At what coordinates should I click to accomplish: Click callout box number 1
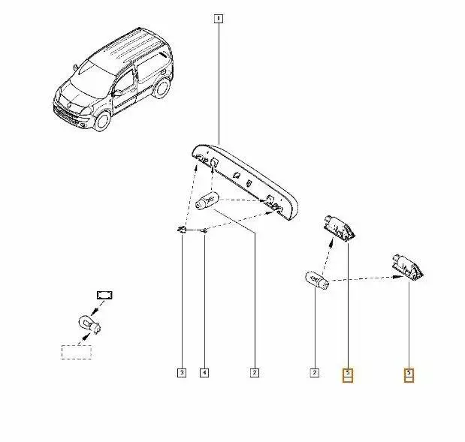click(219, 19)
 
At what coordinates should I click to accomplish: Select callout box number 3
click(182, 373)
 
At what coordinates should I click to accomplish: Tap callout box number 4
click(204, 373)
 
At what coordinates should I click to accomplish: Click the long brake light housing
click(245, 182)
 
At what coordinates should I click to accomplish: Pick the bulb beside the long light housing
click(207, 200)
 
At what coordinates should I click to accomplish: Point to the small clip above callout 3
click(182, 229)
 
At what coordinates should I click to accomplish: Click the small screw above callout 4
click(204, 230)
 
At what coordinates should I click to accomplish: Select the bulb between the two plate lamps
click(317, 280)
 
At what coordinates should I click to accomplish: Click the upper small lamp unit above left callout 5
click(340, 227)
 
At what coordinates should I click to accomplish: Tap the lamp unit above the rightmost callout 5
click(407, 266)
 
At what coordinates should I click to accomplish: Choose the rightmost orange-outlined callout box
click(409, 375)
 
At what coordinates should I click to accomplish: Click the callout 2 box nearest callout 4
click(255, 373)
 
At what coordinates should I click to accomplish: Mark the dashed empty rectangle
click(76, 353)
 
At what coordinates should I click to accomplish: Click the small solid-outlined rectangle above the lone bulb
click(104, 295)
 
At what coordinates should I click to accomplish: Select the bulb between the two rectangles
click(89, 325)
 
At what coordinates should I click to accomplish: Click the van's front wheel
click(102, 121)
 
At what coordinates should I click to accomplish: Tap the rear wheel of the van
click(162, 88)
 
